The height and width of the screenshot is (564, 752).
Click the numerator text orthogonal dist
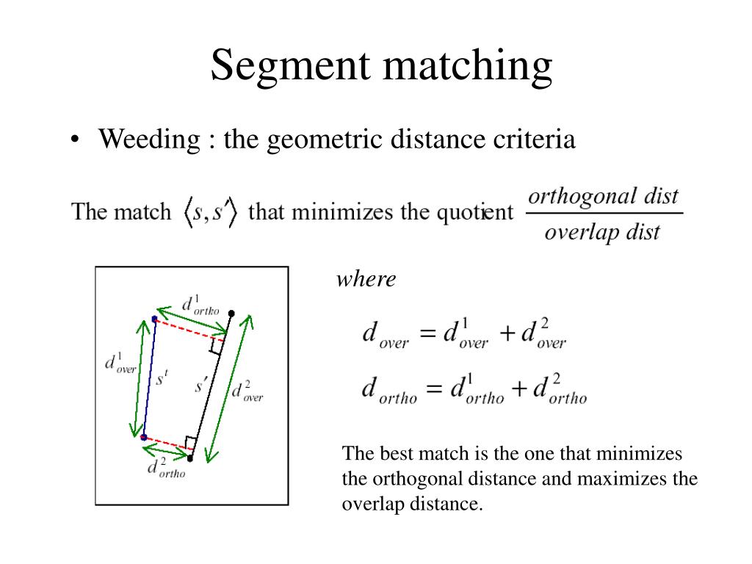(604, 196)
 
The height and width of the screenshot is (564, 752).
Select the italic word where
(366, 279)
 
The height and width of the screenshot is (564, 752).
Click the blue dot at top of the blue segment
(154, 319)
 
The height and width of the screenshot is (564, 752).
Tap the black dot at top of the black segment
(231, 314)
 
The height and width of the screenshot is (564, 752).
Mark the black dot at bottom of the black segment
(189, 458)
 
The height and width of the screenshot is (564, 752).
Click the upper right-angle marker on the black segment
(216, 346)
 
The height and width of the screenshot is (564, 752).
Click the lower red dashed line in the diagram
(167, 444)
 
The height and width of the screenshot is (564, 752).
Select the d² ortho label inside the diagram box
(166, 469)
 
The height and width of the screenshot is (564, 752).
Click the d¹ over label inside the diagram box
(120, 364)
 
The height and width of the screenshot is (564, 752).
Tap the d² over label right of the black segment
(247, 391)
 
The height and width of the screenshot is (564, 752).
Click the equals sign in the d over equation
(427, 334)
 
